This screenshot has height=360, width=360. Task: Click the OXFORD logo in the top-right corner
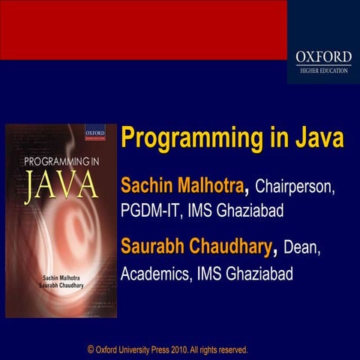(x=323, y=55)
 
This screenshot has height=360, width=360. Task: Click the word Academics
(x=155, y=274)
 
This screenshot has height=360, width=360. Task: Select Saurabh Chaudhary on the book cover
(x=61, y=287)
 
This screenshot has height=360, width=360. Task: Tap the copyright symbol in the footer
(x=91, y=349)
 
